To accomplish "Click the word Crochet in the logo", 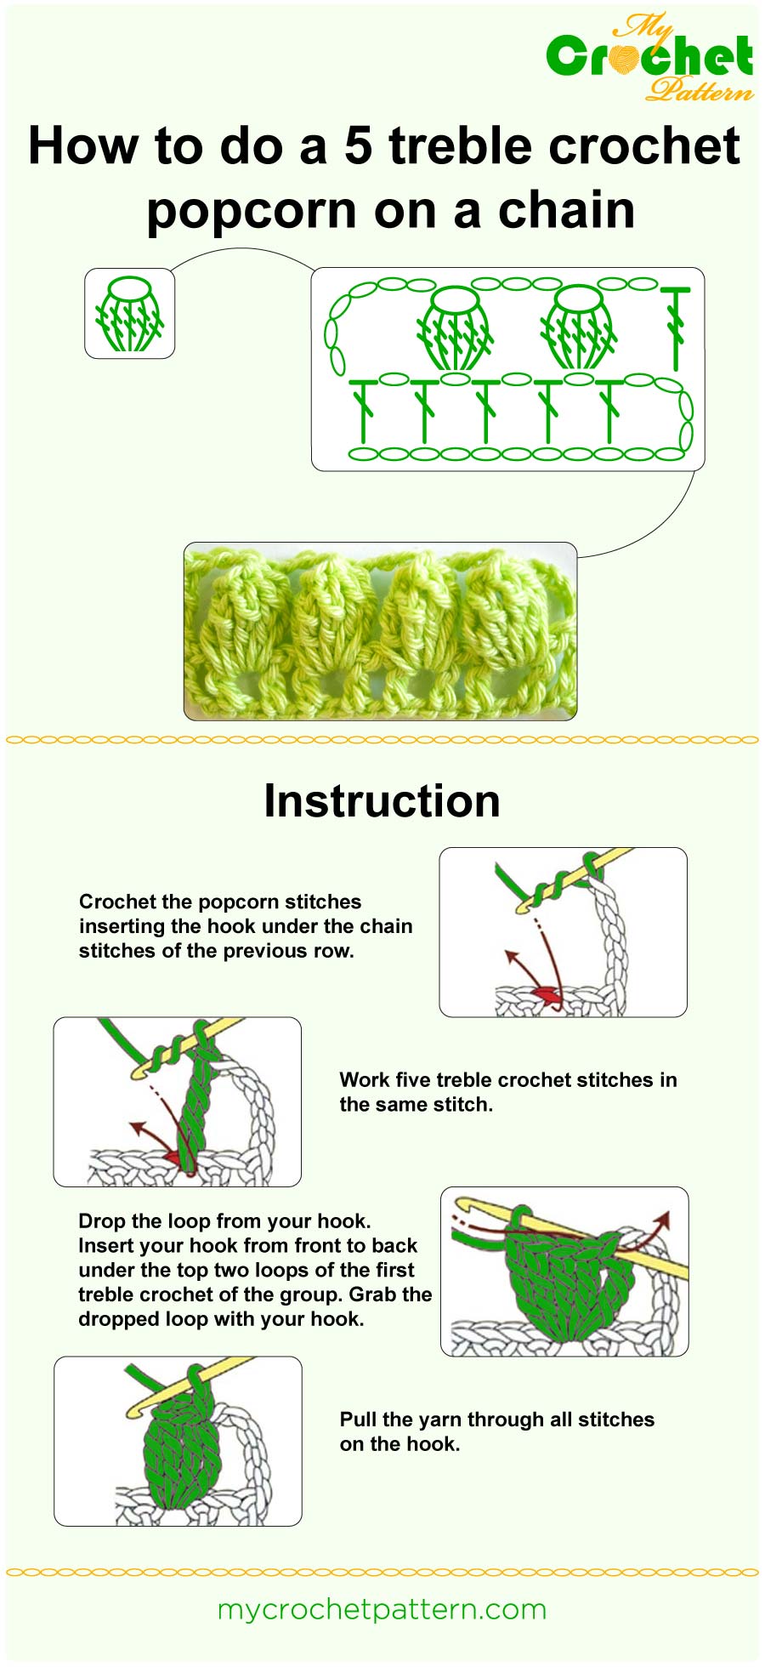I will pos(649,58).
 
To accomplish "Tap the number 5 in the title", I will pos(358,145).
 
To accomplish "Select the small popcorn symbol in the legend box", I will pos(129,314).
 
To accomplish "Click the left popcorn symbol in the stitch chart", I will pos(456,328).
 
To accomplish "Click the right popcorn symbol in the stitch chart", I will pos(577,327).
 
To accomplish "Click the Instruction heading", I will pos(382,801).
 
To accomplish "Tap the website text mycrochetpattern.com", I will pos(382,1610).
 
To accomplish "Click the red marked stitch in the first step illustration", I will pos(544,993).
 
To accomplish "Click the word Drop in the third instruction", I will pos(101,1221).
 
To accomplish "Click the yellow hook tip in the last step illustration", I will pos(134,1408).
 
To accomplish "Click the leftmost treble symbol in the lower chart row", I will pos(363,409).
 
